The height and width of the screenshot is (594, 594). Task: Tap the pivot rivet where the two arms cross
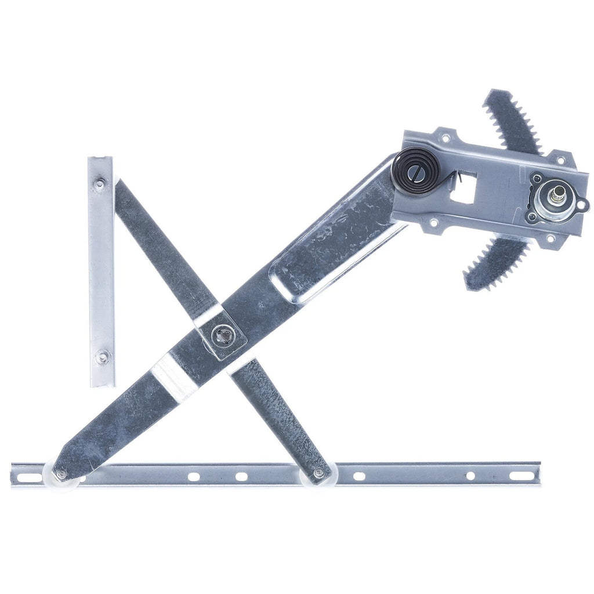223,335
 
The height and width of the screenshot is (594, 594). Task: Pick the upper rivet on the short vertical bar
100,184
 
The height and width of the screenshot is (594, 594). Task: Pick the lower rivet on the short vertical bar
102,357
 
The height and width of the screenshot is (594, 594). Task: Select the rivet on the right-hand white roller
318,474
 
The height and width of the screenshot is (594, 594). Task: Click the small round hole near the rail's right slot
470,476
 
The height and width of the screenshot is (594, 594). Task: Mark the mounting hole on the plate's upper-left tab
445,138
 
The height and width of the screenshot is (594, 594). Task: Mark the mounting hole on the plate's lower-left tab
433,222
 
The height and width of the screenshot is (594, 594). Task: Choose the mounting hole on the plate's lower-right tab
549,238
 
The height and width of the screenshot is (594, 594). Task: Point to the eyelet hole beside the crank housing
582,204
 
